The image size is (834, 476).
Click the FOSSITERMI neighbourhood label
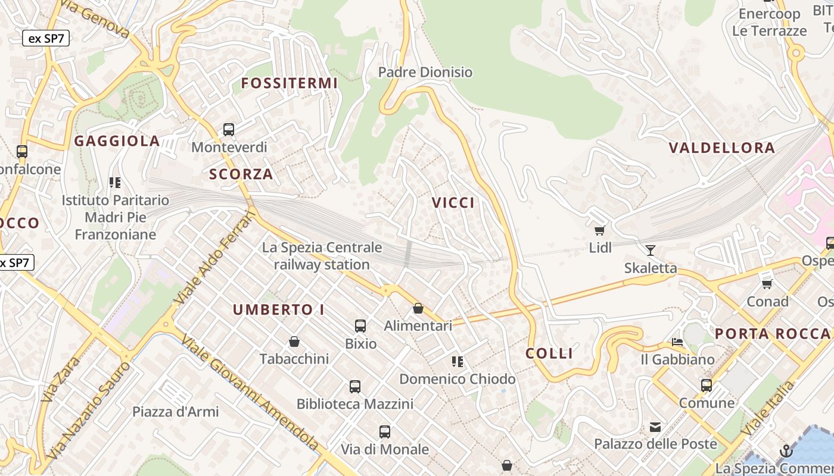[290, 83]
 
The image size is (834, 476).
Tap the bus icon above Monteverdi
[229, 129]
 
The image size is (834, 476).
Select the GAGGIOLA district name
[117, 141]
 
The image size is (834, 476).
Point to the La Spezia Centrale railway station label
[322, 256]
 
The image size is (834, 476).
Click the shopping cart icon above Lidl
[600, 230]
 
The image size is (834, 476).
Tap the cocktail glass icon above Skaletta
[651, 250]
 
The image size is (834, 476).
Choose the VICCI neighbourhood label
[453, 203]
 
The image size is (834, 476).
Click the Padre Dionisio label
[425, 73]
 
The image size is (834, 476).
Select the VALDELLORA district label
[722, 148]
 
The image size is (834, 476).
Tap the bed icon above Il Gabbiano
[677, 342]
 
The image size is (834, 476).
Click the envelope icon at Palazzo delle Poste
[655, 427]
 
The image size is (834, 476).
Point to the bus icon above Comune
[707, 385]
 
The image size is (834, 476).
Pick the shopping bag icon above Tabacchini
[294, 342]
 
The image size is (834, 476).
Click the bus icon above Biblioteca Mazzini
[355, 387]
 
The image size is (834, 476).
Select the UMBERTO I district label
[279, 310]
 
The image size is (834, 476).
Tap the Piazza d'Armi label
[176, 412]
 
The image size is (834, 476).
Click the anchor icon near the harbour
[786, 451]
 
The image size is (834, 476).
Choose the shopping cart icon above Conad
[767, 284]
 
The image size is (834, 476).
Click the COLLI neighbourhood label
[549, 353]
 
